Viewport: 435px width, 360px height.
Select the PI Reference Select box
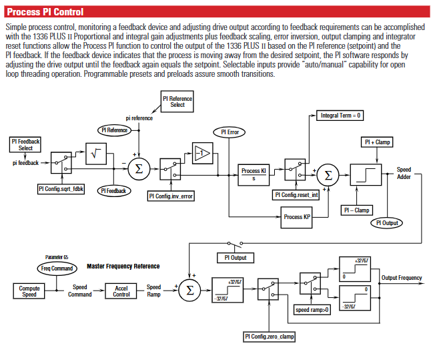pyautogui.click(x=177, y=102)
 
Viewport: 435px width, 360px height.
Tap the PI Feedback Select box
pyautogui.click(x=25, y=144)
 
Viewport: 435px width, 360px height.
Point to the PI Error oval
pyautogui.click(x=228, y=132)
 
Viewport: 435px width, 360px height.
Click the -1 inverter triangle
pyautogui.click(x=201, y=154)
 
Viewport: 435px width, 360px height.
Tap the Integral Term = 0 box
pyautogui.click(x=341, y=116)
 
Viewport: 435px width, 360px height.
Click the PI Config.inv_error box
pyautogui.click(x=172, y=196)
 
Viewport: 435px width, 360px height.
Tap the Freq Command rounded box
pyautogui.click(x=57, y=268)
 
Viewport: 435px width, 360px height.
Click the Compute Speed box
pyautogui.click(x=29, y=291)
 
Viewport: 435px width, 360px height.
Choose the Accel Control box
pyautogui.click(x=121, y=291)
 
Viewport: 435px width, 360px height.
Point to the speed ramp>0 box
pyautogui.click(x=314, y=310)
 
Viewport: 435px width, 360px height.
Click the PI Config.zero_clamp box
pyautogui.click(x=269, y=336)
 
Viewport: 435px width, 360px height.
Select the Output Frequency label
pyautogui.click(x=402, y=278)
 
